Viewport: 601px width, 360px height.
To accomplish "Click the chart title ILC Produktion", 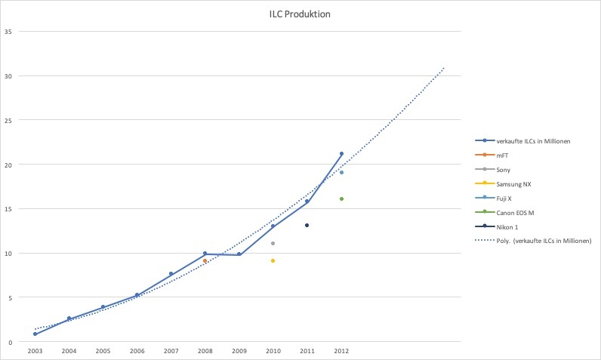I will click(x=300, y=14).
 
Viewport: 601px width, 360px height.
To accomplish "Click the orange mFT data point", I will click(x=205, y=260).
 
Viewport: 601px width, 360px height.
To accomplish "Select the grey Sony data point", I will click(x=273, y=243).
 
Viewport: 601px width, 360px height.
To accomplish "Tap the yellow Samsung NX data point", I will click(x=273, y=260).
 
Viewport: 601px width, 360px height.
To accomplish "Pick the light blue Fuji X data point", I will click(x=341, y=172).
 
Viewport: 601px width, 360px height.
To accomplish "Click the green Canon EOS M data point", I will click(x=341, y=198).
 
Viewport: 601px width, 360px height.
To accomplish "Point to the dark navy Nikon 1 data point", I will click(x=307, y=225).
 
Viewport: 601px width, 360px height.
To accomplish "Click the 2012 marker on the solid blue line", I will click(x=341, y=154).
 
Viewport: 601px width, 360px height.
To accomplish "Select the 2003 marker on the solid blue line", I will click(x=35, y=334).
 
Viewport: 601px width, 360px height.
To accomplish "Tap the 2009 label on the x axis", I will click(x=239, y=351).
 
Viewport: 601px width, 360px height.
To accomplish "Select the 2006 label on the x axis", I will click(x=137, y=351).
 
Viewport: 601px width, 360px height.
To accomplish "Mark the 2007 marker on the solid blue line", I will click(x=171, y=273).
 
